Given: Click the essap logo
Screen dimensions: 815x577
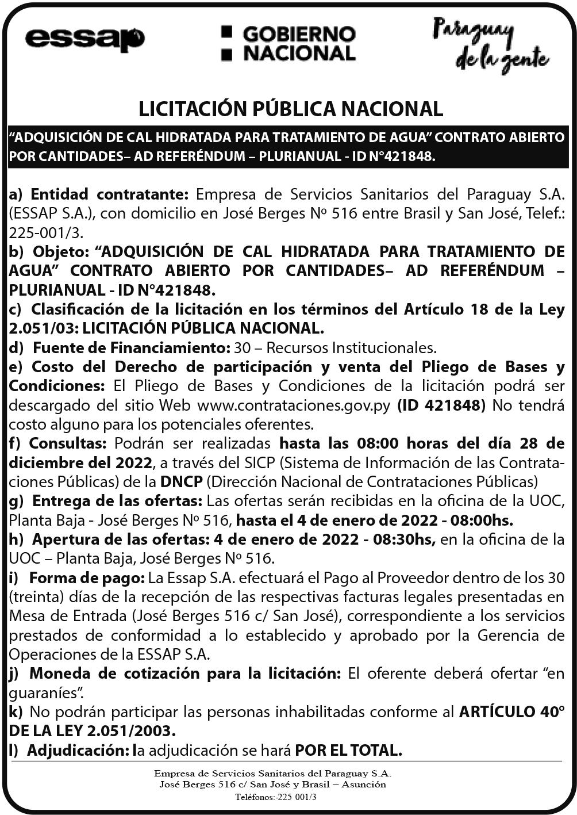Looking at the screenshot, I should click(84, 39).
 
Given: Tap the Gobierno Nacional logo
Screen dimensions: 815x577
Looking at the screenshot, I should click(288, 43).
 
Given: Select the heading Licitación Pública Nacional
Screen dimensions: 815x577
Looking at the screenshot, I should click(291, 108).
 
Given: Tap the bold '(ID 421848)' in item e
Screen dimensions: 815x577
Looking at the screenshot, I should click(441, 405).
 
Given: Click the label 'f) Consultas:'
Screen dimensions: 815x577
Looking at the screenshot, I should click(58, 443).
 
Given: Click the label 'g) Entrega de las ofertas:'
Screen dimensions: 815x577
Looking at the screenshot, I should click(106, 501).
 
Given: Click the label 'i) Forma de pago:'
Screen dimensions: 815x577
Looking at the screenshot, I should click(77, 577).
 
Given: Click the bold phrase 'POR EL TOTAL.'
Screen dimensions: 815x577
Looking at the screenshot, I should click(348, 750).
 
